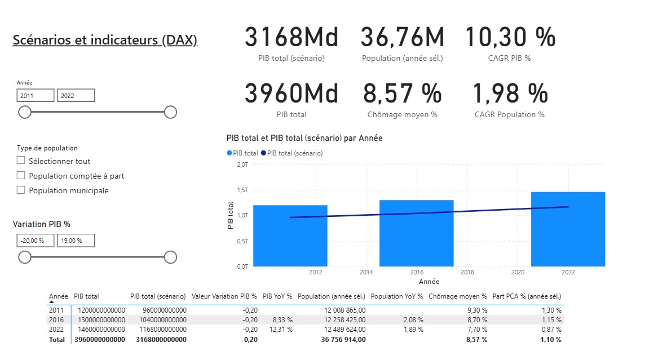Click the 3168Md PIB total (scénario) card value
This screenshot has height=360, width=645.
pyautogui.click(x=291, y=38)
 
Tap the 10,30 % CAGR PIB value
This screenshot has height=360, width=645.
pyautogui.click(x=510, y=38)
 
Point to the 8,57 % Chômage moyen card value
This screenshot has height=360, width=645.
pyautogui.click(x=402, y=94)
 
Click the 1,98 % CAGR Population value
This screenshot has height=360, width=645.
pyautogui.click(x=510, y=94)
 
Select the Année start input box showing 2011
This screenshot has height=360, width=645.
pyautogui.click(x=36, y=96)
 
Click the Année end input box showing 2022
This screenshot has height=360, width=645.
pyautogui.click(x=76, y=96)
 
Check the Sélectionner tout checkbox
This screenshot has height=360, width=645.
pyautogui.click(x=21, y=161)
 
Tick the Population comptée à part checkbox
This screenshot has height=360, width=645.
pyautogui.click(x=21, y=176)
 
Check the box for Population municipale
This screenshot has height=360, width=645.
pyautogui.click(x=21, y=190)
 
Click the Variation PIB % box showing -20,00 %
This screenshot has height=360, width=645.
pyautogui.click(x=36, y=241)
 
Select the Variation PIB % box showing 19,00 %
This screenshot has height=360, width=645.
pyautogui.click(x=76, y=241)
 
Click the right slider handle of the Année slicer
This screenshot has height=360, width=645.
pyautogui.click(x=170, y=113)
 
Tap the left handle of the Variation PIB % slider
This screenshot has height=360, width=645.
pyautogui.click(x=25, y=257)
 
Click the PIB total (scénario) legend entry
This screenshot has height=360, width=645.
pyautogui.click(x=294, y=153)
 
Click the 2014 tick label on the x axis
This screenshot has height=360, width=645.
pyautogui.click(x=366, y=273)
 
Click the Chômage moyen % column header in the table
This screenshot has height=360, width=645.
pyautogui.click(x=457, y=296)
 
